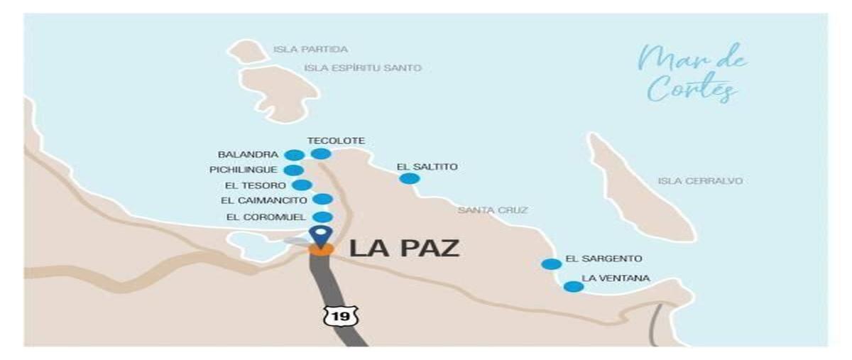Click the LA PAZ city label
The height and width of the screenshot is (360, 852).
pos(405,249)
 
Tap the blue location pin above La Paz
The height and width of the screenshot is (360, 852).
pos(321,234)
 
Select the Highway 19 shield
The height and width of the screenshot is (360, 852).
pos(340,316)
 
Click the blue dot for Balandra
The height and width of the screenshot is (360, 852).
pos(294,155)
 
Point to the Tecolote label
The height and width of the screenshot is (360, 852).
pos(336,141)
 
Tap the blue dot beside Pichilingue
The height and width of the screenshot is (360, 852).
pos(293,170)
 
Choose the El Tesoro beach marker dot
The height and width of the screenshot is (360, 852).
pos(302,185)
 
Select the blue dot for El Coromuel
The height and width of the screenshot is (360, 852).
pos(322,217)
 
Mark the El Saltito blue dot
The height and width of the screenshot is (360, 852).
pos(409,178)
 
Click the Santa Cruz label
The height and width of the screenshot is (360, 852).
pos(493,210)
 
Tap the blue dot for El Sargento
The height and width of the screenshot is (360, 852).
pos(551,264)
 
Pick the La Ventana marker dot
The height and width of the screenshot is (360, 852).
pos(573,287)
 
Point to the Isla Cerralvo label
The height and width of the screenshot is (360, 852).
pos(700,181)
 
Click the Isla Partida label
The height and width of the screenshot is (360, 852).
pos(310,50)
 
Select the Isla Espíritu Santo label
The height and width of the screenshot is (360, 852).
pos(362,68)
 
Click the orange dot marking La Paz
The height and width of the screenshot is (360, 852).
pos(321,249)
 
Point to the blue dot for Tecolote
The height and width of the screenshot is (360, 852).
pos(321,153)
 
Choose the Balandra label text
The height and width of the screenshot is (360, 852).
pos(248,154)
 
